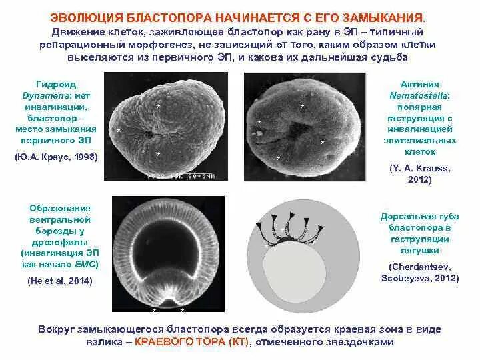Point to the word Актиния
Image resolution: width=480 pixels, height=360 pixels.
[x=419, y=85]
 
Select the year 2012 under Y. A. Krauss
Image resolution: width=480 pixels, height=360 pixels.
[x=419, y=180]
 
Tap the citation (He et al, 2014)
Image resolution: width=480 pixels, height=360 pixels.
[x=60, y=281]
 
